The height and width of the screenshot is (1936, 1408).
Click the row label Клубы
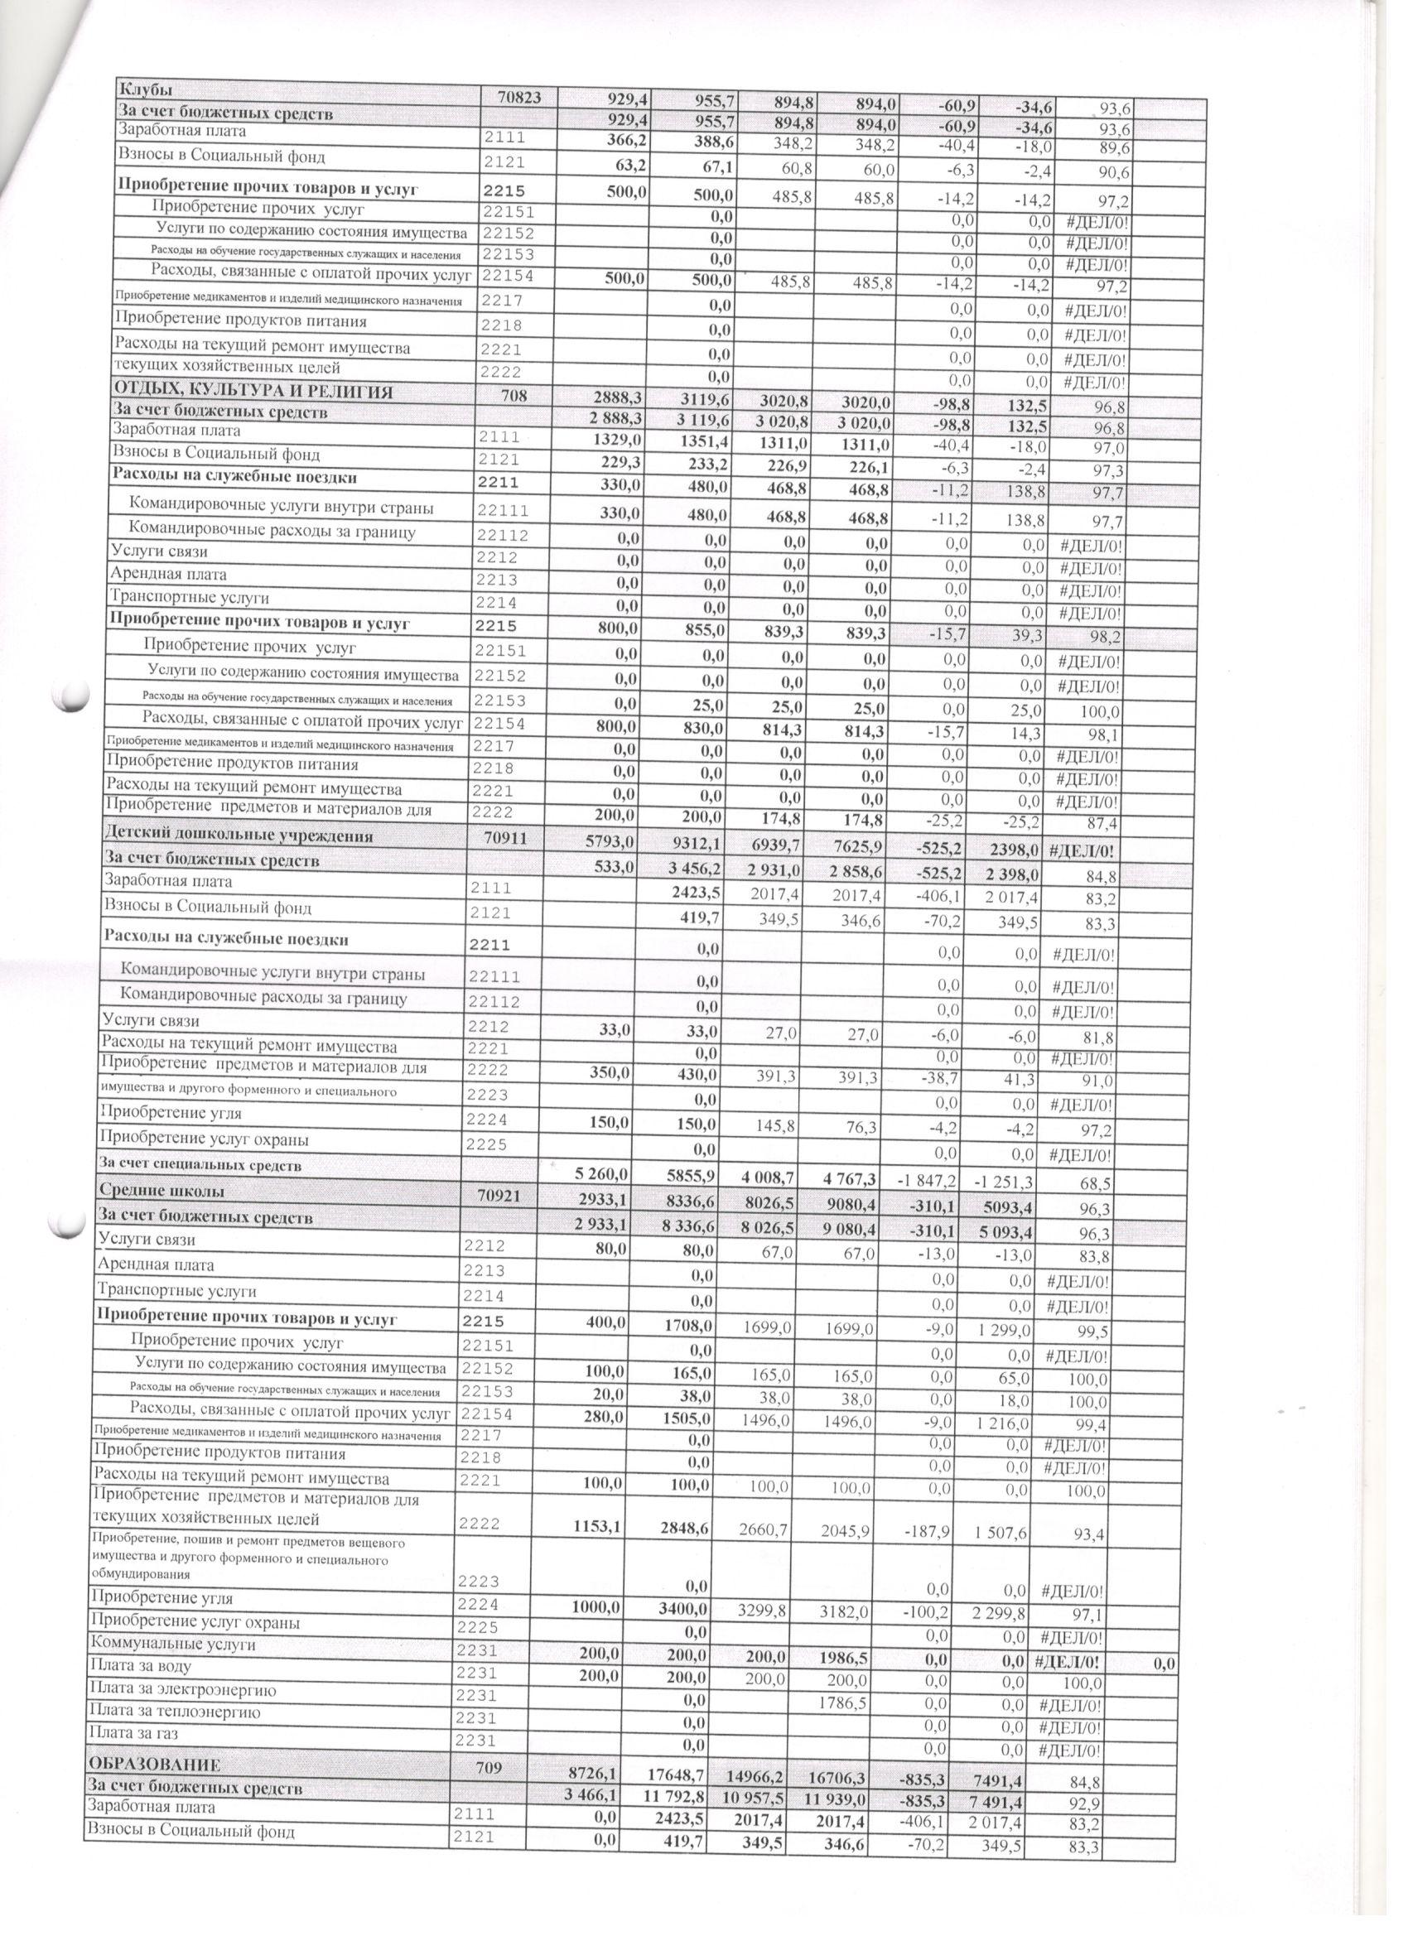tap(144, 89)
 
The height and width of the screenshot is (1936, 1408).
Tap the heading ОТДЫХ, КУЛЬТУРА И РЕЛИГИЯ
tap(253, 392)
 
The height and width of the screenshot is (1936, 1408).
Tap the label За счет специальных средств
tap(200, 1164)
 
